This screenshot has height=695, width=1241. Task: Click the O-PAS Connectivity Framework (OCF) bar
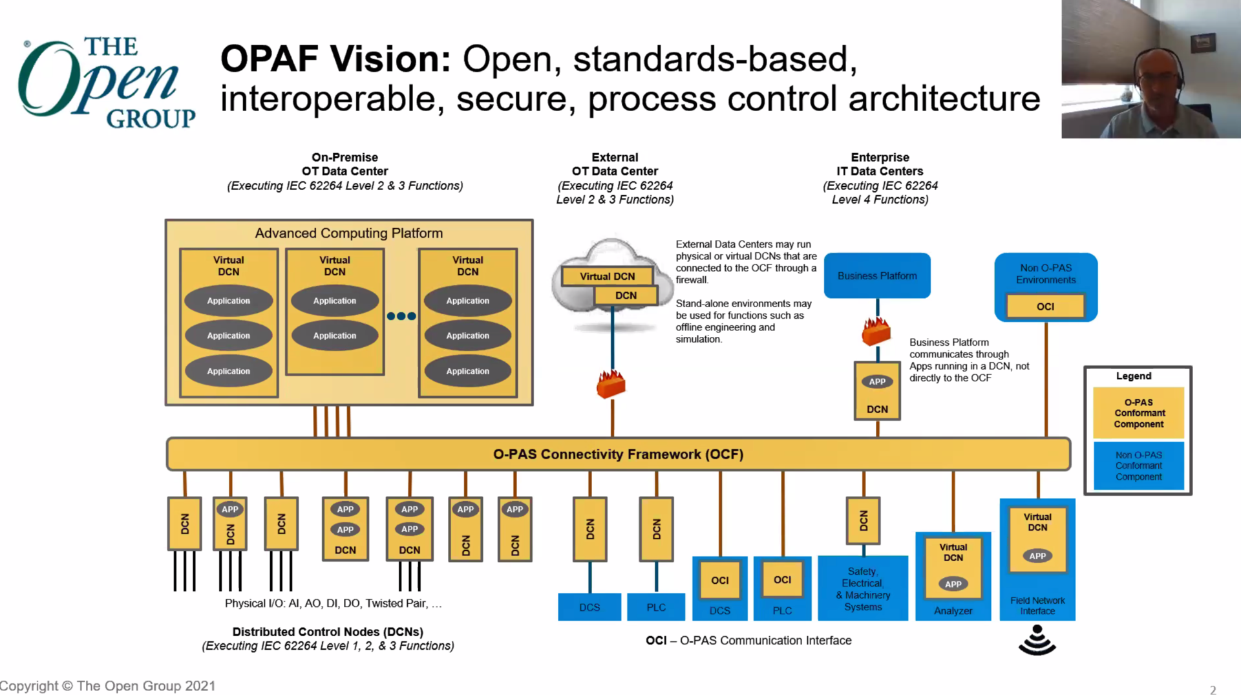[x=618, y=454]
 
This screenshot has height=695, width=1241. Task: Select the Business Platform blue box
[x=877, y=275]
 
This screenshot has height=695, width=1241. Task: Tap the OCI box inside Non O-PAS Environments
[x=1045, y=306]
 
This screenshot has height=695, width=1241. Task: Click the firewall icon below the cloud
[x=611, y=384]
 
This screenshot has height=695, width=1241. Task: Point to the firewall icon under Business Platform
[x=876, y=332]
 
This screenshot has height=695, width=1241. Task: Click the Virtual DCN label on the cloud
[x=607, y=276]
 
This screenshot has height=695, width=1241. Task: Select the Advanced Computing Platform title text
[x=348, y=233]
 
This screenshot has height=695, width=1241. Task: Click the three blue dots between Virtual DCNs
[x=401, y=316]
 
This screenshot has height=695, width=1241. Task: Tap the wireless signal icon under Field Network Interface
[x=1037, y=640]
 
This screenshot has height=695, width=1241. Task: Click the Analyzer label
[x=953, y=610]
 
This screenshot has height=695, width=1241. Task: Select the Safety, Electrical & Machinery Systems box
[x=863, y=589]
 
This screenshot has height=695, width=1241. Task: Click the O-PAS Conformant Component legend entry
[x=1138, y=412]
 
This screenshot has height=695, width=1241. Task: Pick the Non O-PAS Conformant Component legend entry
[x=1138, y=465]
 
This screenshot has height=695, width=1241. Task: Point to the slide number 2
[x=1213, y=690]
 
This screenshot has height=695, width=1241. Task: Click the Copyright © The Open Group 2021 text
[x=108, y=686]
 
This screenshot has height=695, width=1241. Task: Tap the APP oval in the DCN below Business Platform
[x=877, y=381]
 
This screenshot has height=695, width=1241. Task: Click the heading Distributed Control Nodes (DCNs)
[x=328, y=632]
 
